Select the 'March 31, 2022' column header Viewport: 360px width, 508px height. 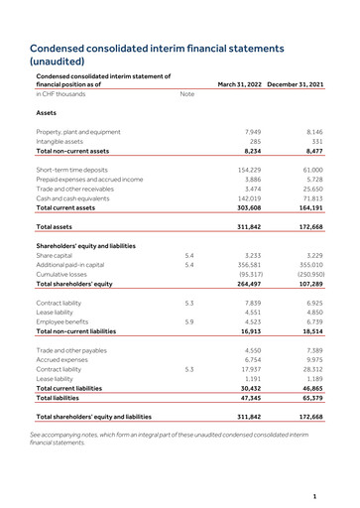tap(238, 83)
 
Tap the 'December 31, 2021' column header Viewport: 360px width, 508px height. tap(296, 83)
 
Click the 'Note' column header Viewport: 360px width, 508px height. tap(186, 94)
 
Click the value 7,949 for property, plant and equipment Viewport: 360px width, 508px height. tap(252, 132)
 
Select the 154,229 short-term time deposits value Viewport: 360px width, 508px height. tap(248, 170)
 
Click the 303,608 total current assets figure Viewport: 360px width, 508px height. tap(248, 208)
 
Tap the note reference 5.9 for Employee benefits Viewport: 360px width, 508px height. tap(188, 321)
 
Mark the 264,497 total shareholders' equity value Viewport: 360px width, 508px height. tap(248, 285)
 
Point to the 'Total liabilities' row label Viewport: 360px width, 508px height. tap(62, 398)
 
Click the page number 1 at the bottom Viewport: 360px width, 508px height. tap(312, 495)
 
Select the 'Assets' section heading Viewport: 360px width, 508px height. tap(48, 113)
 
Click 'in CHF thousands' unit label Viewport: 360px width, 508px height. tap(61, 94)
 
